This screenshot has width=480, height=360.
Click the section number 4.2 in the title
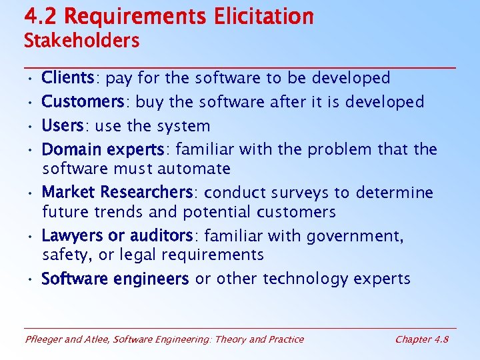[39, 15]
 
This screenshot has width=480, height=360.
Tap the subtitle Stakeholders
[81, 41]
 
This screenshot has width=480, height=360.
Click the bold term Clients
[67, 78]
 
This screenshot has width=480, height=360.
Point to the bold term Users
[61, 126]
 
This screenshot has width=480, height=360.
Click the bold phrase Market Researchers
[117, 193]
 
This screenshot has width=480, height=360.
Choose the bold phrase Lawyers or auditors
[117, 236]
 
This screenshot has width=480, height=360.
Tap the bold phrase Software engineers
[115, 279]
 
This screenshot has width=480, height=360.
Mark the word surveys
[299, 193]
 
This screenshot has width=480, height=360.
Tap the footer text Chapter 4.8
[421, 339]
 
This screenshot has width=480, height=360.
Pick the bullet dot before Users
[31, 127]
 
